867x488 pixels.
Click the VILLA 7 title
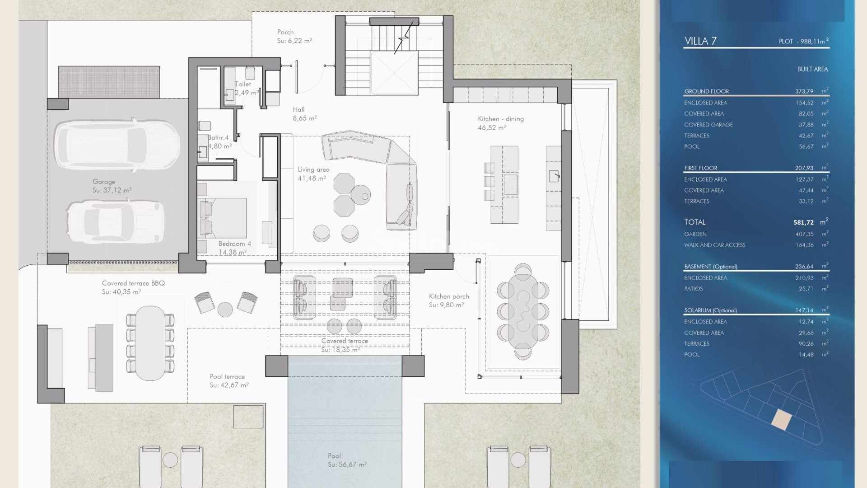[700, 41]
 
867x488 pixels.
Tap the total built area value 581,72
[803, 222]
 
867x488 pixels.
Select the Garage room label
[104, 182]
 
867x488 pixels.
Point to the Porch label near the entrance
[285, 32]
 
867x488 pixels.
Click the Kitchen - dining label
[501, 119]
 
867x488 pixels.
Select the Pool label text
[334, 456]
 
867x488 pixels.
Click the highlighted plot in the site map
[781, 419]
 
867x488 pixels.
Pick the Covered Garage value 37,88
[806, 125]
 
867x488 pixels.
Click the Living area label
[313, 169]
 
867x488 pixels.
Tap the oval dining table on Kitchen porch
[523, 312]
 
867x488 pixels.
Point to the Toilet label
[243, 84]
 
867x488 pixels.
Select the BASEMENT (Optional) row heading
[710, 267]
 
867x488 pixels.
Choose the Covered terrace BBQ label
[133, 283]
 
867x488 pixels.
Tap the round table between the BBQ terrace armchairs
[225, 310]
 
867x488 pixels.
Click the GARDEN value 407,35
[804, 234]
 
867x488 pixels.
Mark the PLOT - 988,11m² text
[803, 41]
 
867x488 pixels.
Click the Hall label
[298, 109]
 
